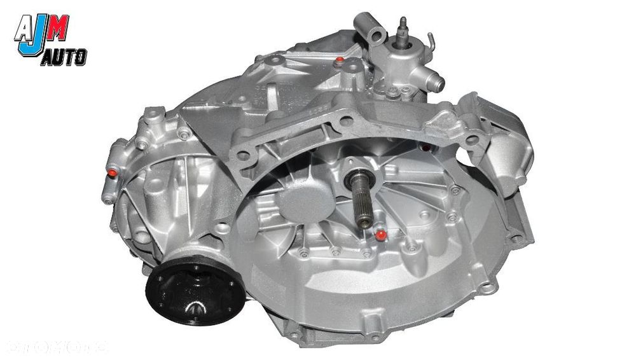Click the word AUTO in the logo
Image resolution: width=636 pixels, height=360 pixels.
pyautogui.click(x=63, y=59)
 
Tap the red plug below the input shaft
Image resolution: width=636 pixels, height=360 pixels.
pyautogui.click(x=380, y=235)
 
